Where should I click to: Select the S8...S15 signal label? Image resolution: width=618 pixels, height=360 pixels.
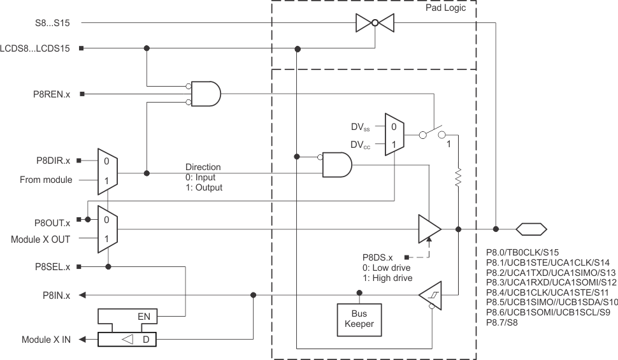tap(53, 23)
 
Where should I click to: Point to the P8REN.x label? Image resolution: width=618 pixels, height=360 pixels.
tap(52, 94)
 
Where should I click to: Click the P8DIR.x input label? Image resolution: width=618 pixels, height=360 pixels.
tap(53, 160)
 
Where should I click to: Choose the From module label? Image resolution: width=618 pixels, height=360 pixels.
tap(46, 180)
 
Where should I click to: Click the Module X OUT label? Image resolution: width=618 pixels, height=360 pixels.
tap(41, 240)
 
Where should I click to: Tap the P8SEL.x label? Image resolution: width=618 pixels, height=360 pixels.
tap(53, 266)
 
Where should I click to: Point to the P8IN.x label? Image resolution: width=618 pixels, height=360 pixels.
tap(55, 295)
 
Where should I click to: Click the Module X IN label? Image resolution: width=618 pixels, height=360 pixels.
tap(46, 340)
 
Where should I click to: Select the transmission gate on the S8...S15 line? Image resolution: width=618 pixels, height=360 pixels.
tap(375, 24)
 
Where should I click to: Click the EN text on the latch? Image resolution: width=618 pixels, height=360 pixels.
tap(145, 315)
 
